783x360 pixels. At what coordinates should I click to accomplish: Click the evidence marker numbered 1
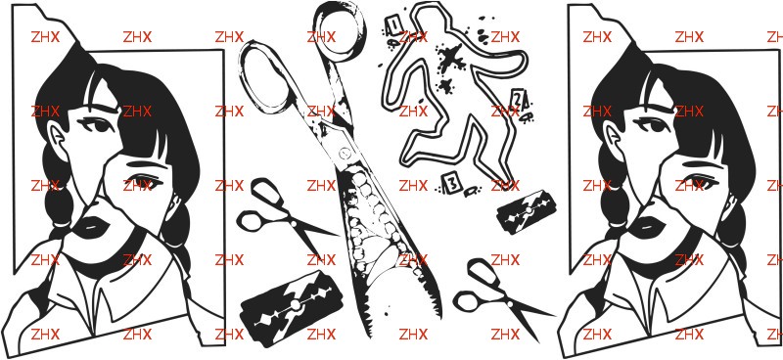coord(392,23)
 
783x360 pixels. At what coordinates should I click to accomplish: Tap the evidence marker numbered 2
coord(518,101)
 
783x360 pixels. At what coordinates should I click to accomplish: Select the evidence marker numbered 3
coord(451,183)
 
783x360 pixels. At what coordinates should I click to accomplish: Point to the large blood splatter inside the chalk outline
coord(450,58)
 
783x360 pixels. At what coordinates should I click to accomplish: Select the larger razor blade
coord(293,307)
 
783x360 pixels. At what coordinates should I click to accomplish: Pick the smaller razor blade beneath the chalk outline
coord(527,212)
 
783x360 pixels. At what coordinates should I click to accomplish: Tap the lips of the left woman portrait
coord(92,227)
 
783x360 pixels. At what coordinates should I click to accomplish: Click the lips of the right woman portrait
coord(647,227)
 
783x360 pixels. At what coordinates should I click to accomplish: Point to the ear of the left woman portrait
coord(57,136)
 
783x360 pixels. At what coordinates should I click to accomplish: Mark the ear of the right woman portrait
coord(613,136)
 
